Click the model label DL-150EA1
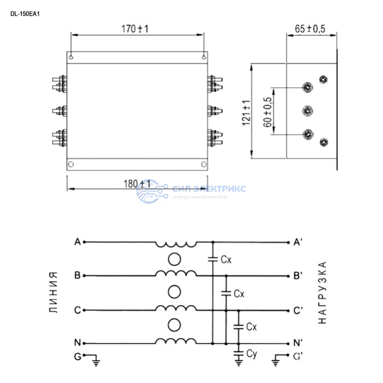(25, 14)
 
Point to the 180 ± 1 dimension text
(137, 184)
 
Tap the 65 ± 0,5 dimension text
(310, 28)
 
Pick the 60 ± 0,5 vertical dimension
(268, 113)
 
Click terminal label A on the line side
(77, 242)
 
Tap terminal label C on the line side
(77, 310)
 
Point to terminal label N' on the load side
(298, 344)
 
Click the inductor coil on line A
(176, 243)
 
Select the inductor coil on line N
(176, 341)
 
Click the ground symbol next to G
(96, 359)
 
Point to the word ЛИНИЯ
(53, 291)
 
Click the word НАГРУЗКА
(323, 292)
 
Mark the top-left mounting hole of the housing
(71, 56)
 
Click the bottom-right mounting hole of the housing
(203, 163)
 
